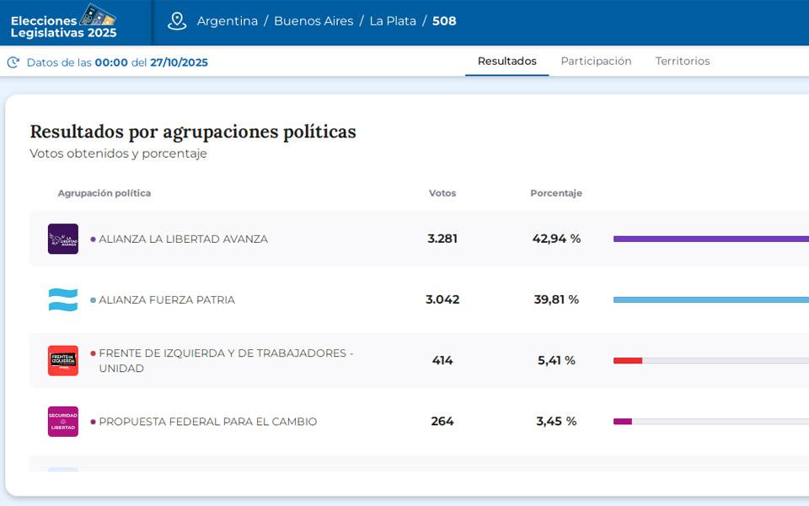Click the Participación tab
(x=596, y=62)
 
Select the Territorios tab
(x=683, y=62)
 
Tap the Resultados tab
(x=506, y=62)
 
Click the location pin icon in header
(x=177, y=21)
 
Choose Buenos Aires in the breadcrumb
(x=313, y=21)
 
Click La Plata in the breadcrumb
(x=393, y=21)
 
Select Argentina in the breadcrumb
(x=228, y=21)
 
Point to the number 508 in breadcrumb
(x=444, y=21)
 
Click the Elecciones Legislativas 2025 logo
(x=64, y=22)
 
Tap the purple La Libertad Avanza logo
(x=63, y=239)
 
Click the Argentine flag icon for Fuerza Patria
(x=63, y=299)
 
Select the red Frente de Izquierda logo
(x=63, y=360)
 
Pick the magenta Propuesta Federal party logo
(x=63, y=422)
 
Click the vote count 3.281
(x=442, y=239)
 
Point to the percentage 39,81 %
(x=556, y=299)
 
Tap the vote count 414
(x=442, y=360)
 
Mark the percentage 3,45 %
(x=556, y=422)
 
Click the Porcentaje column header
(x=556, y=193)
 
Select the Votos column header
(x=442, y=193)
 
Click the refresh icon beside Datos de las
(x=13, y=62)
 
